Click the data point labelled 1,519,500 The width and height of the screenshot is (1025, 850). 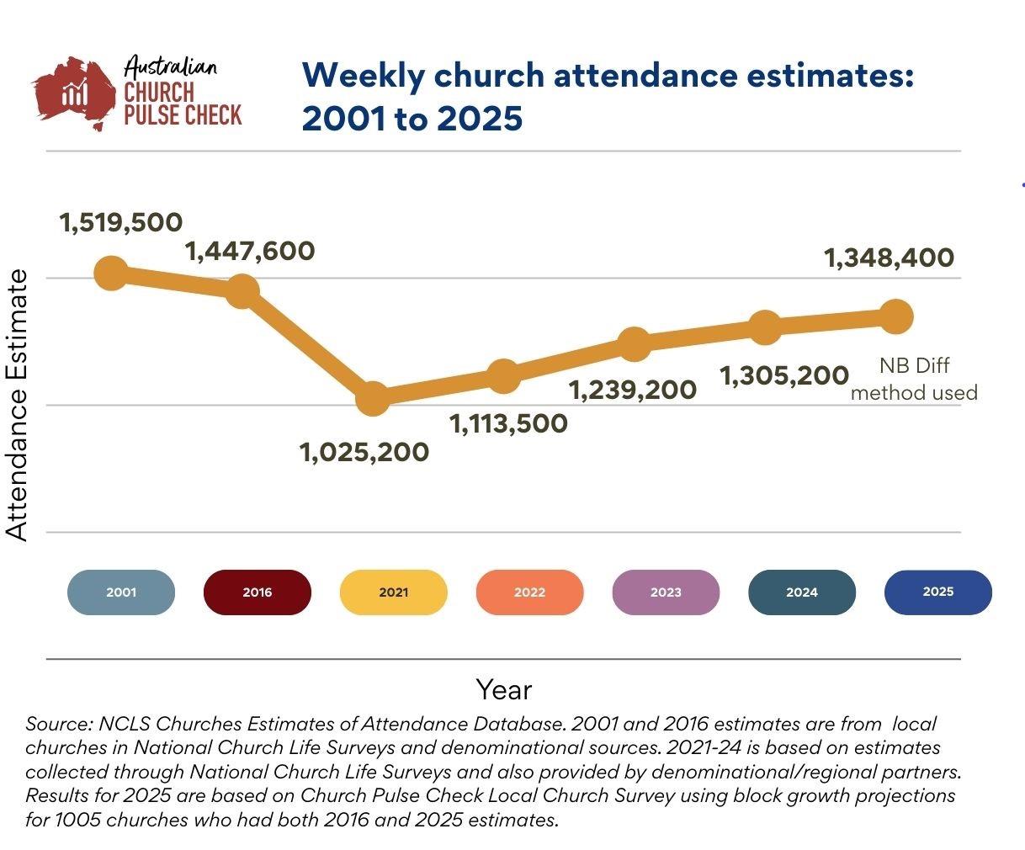pos(111,273)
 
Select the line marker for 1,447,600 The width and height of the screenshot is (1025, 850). pos(242,291)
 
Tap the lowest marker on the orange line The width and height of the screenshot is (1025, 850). pos(373,398)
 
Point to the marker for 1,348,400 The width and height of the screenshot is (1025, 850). pos(896,316)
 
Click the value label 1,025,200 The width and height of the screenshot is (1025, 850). pos(364,452)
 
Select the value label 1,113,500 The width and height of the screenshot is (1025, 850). pos(509,423)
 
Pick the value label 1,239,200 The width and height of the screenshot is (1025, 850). pos(633,390)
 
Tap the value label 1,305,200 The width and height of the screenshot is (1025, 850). pos(784,375)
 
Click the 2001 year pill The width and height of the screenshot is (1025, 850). pos(121,592)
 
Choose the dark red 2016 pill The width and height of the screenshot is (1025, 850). pos(258,592)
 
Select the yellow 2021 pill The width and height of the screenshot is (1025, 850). pos(393,592)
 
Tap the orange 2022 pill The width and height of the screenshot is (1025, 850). pos(529,592)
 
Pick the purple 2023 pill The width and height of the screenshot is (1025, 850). pos(666,592)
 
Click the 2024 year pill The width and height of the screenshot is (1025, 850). pos(802,592)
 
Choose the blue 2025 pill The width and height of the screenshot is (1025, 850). pos(938,592)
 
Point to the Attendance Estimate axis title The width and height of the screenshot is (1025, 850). pos(17,405)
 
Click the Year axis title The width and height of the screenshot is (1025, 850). pos(504,690)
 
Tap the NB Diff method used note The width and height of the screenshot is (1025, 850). pos(914,380)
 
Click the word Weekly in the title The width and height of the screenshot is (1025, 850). pos(364,76)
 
